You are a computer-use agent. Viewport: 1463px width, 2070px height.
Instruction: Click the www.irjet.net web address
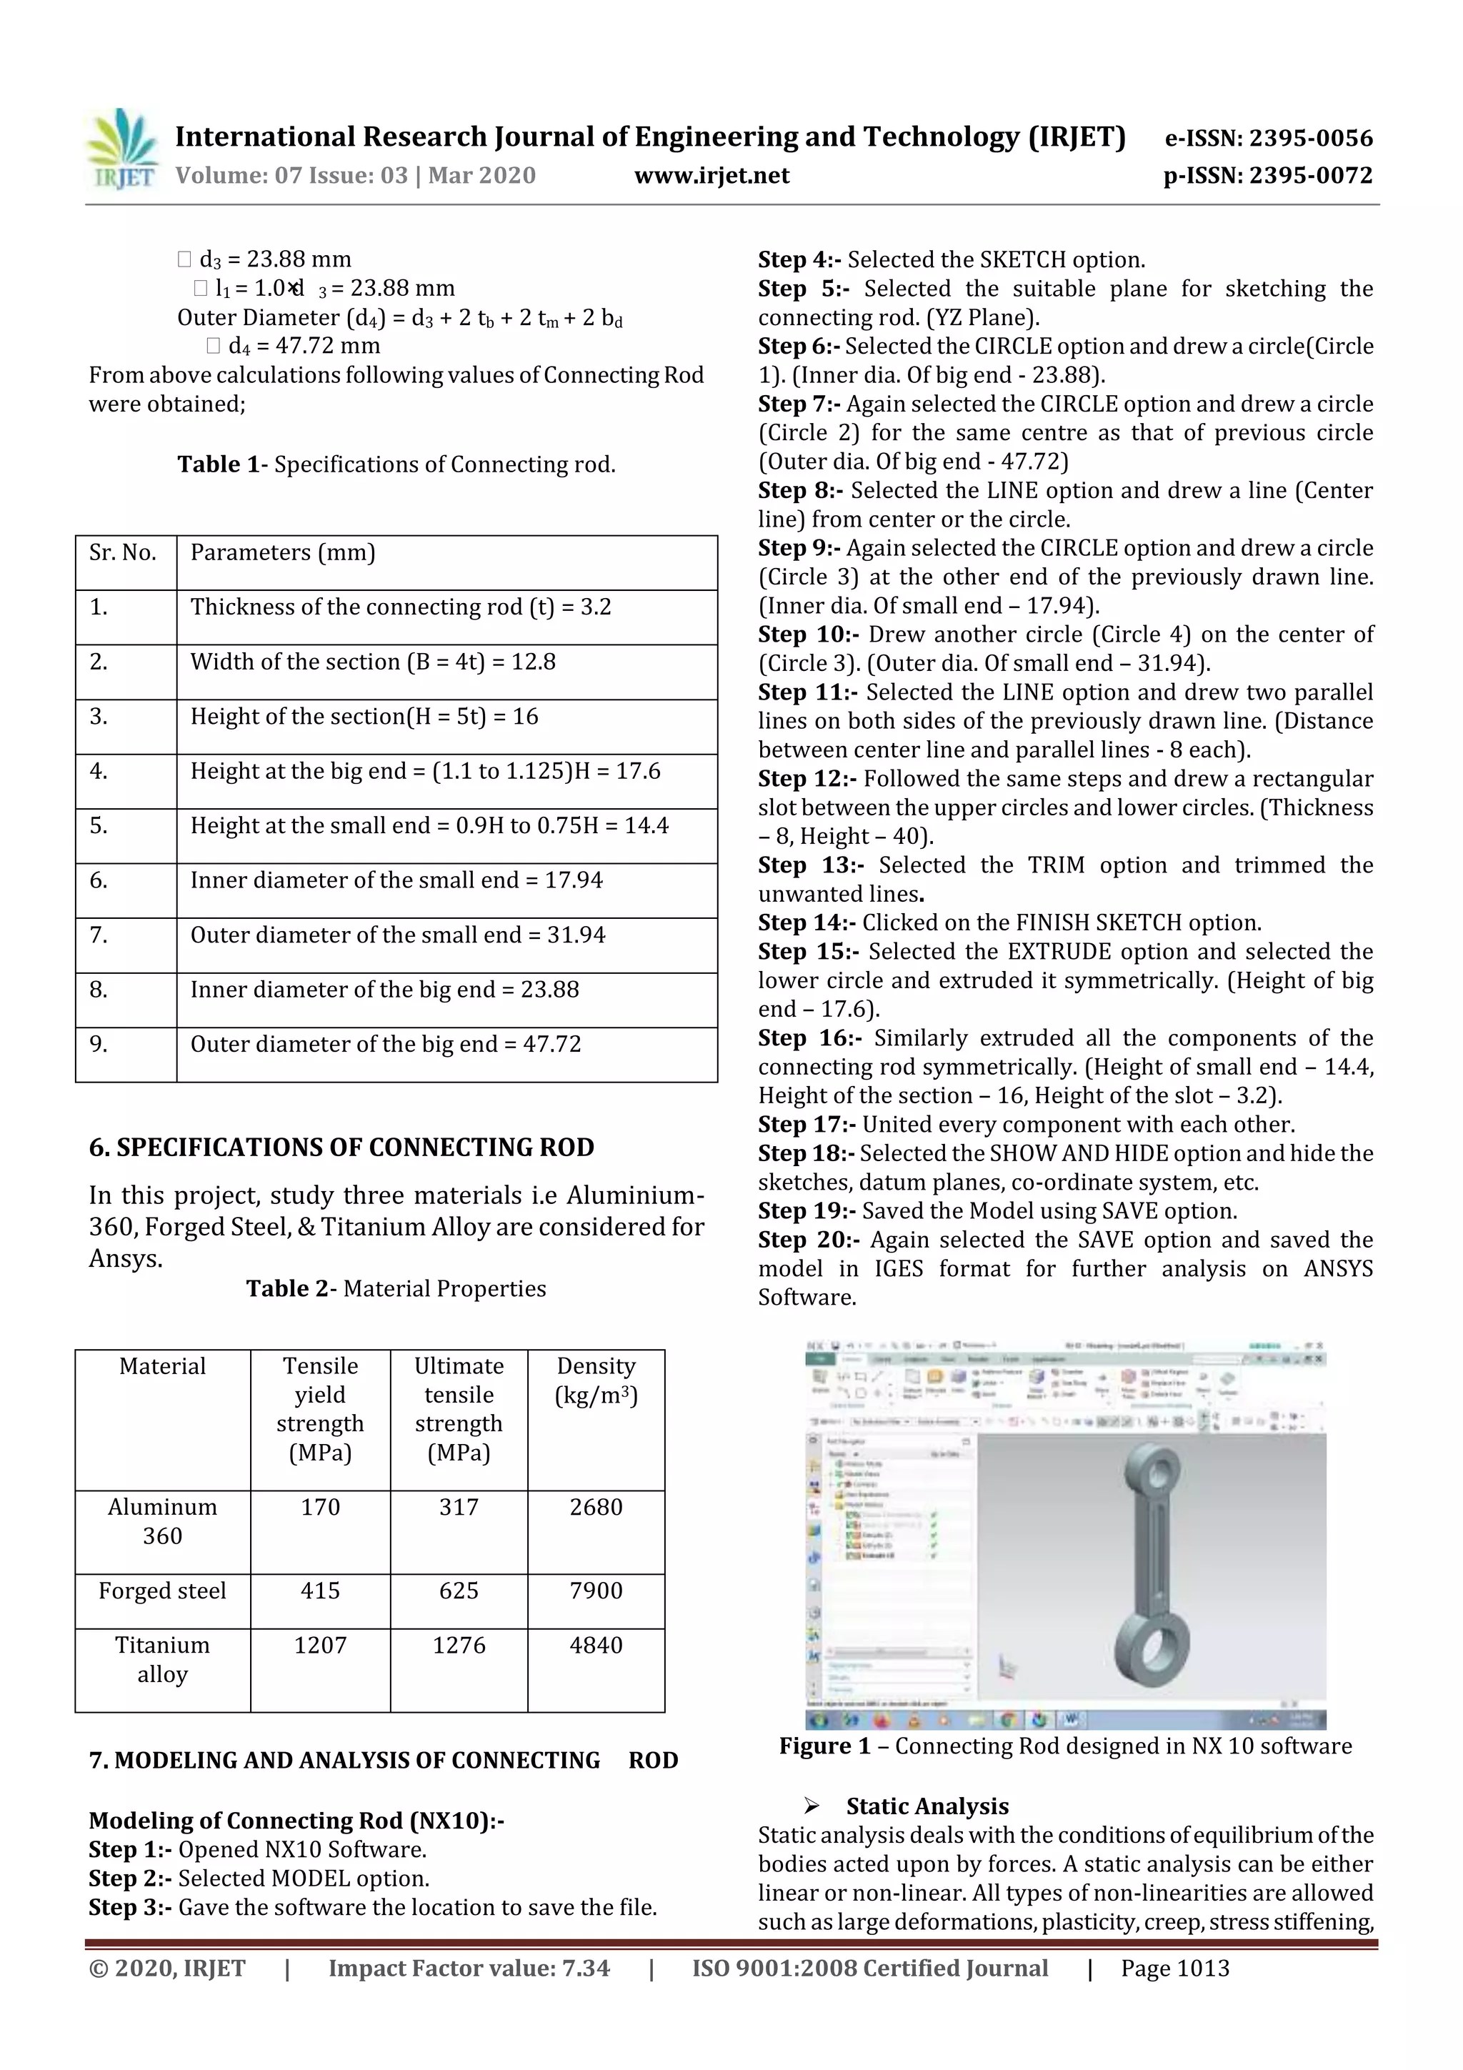click(711, 175)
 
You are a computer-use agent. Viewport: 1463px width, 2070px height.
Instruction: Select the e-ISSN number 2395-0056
click(1268, 138)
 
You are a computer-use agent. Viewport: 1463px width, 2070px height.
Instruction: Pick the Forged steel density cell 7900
click(596, 1591)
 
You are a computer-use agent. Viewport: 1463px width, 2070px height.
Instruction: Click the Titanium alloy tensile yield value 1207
click(320, 1646)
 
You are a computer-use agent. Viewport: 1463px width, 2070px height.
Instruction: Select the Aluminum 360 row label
click(162, 1521)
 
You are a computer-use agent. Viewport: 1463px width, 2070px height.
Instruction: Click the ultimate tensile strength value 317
click(458, 1508)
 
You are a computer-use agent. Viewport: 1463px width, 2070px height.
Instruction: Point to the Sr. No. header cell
click(123, 552)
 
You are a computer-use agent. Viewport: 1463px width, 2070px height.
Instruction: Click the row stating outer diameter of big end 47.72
click(386, 1044)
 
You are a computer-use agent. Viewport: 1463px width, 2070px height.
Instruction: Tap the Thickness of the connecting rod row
click(400, 607)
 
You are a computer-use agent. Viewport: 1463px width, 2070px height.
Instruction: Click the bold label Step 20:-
click(809, 1240)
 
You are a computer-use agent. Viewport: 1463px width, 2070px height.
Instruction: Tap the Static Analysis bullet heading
click(927, 1806)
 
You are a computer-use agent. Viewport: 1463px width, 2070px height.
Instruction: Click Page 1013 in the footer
click(1174, 1968)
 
